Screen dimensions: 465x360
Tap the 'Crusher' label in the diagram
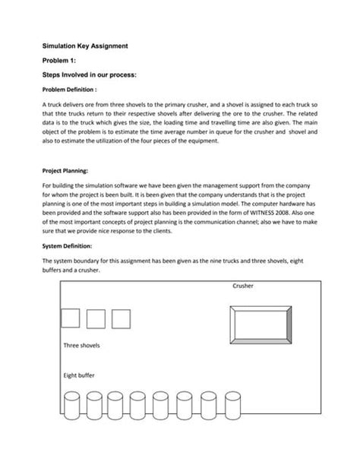click(243, 286)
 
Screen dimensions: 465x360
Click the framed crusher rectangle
click(256, 319)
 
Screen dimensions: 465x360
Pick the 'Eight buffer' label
click(80, 375)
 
